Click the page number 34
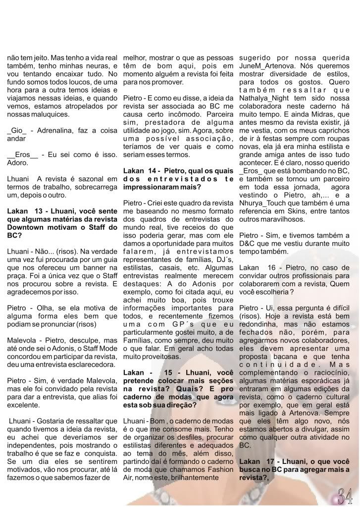pos(345,494)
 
